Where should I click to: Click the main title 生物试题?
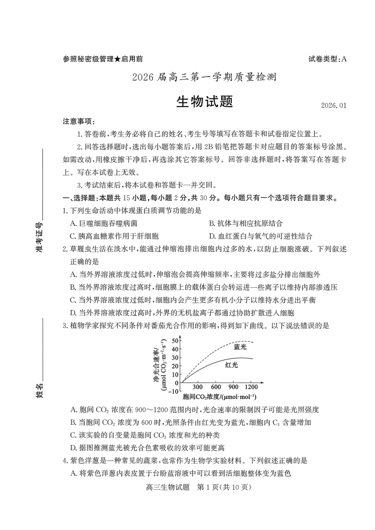204,101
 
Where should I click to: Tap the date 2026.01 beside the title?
334,105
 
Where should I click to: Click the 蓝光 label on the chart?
240,347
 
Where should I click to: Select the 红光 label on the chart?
231,365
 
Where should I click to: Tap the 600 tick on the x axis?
216,387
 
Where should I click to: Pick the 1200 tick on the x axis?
251,387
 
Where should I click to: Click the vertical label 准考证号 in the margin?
39,237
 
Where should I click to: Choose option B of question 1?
246,223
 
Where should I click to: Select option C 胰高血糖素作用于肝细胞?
114,236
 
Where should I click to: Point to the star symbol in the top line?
117,59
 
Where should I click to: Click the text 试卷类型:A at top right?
327,59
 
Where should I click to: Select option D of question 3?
147,448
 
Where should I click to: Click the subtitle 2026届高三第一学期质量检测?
204,77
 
